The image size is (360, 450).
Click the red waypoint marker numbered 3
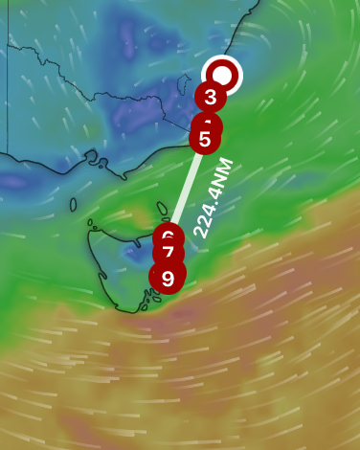click(x=210, y=97)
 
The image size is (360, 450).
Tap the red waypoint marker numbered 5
click(x=205, y=140)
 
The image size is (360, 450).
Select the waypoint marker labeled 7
click(x=168, y=254)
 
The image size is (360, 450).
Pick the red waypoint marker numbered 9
click(x=167, y=279)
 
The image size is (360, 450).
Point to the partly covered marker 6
click(x=168, y=234)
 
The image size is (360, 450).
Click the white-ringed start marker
click(x=223, y=74)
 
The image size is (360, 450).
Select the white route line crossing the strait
click(x=186, y=188)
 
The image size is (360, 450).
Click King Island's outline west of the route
click(x=73, y=202)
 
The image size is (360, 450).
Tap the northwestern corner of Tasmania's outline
click(x=90, y=226)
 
